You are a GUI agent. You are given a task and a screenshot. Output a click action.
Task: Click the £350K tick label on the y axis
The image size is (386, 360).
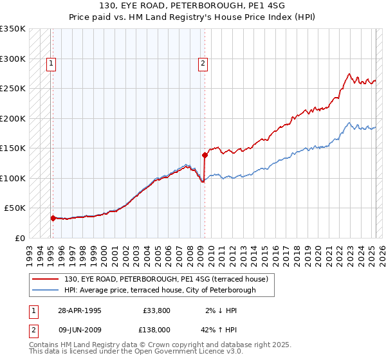click(x=13, y=29)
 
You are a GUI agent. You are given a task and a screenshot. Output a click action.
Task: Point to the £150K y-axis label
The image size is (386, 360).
click(x=13, y=148)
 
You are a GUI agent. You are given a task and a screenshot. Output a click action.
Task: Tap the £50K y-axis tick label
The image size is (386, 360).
click(x=15, y=208)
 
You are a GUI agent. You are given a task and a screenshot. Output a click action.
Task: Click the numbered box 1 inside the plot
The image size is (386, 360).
click(x=51, y=63)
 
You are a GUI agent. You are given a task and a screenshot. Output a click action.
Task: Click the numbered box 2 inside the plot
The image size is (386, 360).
click(x=203, y=63)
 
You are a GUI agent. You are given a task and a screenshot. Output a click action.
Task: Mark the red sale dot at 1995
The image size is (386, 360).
click(x=53, y=218)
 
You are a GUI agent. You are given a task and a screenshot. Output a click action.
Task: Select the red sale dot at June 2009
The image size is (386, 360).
click(x=205, y=155)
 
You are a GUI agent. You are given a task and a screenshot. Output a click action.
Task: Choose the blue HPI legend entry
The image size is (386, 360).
click(x=160, y=290)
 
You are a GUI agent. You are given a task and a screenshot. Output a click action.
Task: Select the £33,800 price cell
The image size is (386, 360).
click(x=157, y=310)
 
